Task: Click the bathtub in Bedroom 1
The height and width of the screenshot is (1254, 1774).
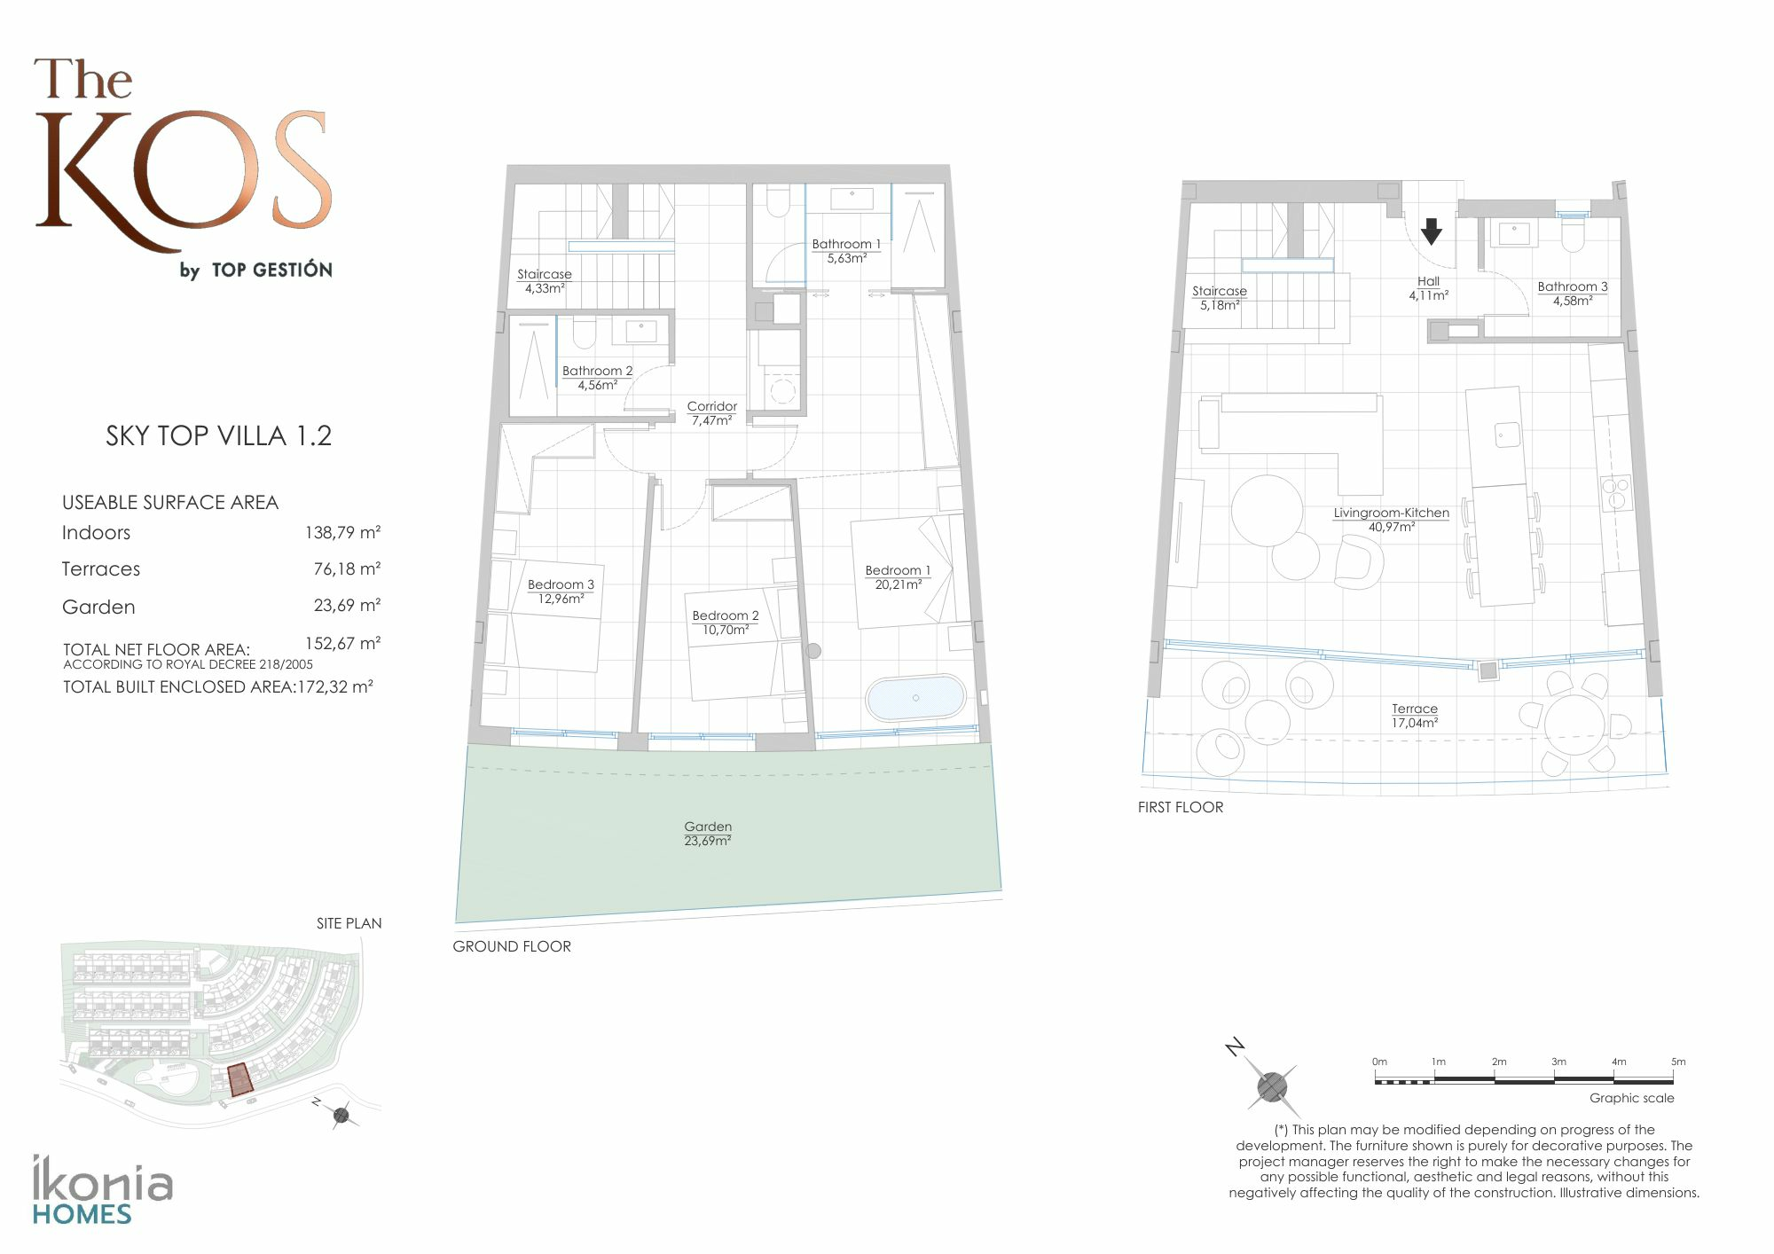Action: (914, 698)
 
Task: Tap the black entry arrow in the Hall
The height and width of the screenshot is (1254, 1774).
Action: (1431, 231)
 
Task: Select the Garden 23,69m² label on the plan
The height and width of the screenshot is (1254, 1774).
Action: (708, 834)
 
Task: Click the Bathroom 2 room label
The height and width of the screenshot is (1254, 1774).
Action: (597, 378)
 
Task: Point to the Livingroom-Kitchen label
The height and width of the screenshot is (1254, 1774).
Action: (1391, 520)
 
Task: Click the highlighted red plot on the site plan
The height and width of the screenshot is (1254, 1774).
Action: (239, 1081)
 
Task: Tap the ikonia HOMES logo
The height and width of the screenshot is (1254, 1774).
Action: (103, 1190)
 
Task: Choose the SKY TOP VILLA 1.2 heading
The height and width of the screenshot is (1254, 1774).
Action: (218, 435)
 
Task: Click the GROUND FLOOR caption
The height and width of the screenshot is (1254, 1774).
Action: (512, 946)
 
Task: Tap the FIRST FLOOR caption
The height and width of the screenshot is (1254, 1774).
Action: (1181, 807)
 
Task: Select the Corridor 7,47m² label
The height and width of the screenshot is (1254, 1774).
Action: (711, 413)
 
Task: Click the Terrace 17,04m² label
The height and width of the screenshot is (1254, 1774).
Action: (1415, 716)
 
